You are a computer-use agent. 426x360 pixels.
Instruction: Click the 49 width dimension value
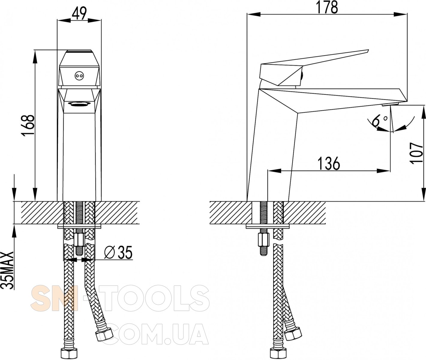[79, 13]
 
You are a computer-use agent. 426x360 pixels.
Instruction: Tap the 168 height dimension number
[28, 125]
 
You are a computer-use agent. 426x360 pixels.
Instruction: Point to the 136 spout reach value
[329, 163]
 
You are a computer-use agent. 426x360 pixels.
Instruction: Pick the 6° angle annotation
[379, 121]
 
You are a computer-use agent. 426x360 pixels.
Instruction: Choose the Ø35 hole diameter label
[118, 252]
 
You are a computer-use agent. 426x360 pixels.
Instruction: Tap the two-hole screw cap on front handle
[79, 76]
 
